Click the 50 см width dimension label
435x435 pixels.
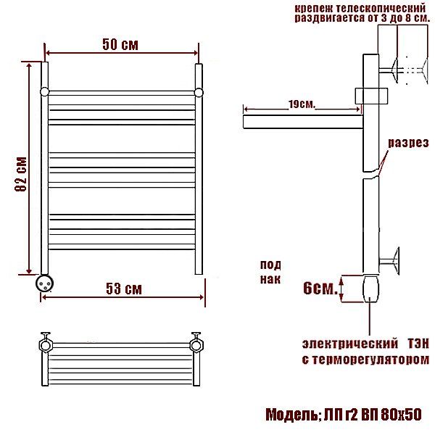tap(120, 44)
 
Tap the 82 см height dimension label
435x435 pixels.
tap(21, 174)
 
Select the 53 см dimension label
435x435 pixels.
tap(124, 289)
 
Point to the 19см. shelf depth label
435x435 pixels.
tap(302, 104)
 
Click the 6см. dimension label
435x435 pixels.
tap(320, 288)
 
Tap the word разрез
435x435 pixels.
tap(408, 143)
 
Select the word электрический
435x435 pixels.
tap(350, 344)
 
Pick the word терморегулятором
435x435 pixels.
tap(369, 360)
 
